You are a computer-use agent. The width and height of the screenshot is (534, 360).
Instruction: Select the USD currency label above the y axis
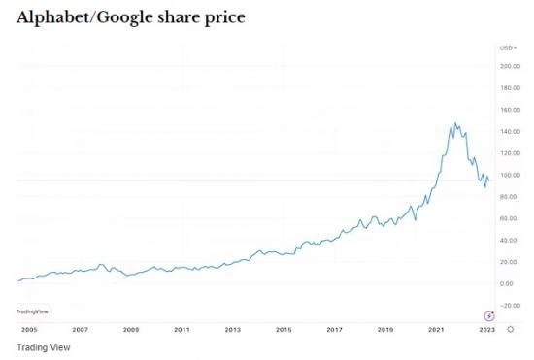[506, 47]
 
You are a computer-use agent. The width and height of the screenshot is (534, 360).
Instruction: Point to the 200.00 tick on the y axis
[511, 66]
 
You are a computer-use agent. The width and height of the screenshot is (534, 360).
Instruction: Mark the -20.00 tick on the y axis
[511, 305]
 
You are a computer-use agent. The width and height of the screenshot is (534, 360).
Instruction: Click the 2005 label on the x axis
[28, 330]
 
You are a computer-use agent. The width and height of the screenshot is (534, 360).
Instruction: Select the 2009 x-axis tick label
[130, 330]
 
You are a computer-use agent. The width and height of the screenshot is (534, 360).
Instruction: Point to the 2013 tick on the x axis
[232, 330]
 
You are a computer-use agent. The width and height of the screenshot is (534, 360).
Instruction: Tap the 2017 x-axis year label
[334, 330]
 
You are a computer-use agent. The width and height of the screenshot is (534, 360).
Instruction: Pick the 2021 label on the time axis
[436, 330]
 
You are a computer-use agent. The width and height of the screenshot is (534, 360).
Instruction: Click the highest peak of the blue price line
[454, 123]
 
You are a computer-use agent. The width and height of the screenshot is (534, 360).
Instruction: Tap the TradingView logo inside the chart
[32, 311]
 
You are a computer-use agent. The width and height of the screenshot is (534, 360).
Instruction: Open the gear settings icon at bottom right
[511, 330]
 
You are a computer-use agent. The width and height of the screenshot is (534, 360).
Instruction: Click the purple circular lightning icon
[489, 314]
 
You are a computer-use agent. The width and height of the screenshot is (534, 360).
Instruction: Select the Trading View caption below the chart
[44, 346]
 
